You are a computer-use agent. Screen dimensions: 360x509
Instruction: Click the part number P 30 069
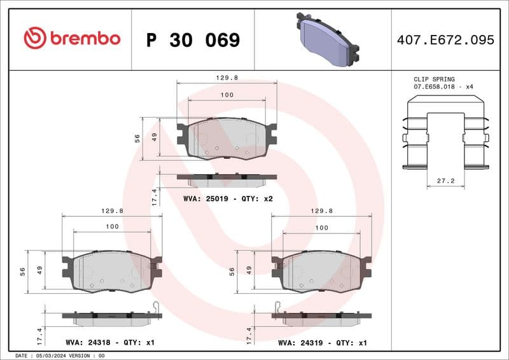(193, 40)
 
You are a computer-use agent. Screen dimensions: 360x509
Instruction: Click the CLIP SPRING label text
(434, 80)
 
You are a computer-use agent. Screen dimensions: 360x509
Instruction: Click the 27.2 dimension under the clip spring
(445, 181)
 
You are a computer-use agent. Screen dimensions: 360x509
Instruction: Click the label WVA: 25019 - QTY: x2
(228, 198)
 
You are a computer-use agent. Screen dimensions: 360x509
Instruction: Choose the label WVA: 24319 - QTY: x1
(323, 342)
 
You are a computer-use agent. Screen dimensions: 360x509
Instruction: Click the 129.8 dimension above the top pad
(227, 78)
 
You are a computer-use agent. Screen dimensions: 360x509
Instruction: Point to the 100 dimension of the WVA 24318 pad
(112, 226)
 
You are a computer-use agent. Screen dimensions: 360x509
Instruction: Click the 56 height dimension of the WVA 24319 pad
(232, 271)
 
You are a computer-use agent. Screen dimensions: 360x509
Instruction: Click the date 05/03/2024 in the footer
(54, 356)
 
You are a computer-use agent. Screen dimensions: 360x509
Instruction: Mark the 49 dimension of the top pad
(155, 137)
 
